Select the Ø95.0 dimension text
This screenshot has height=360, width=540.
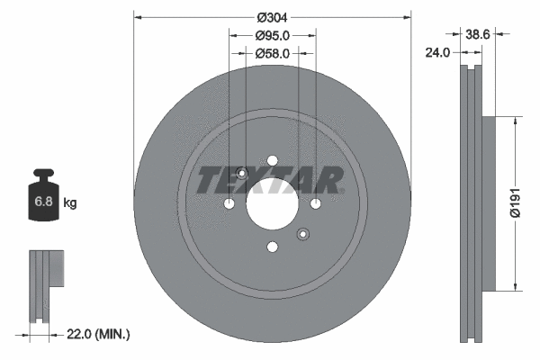click(x=272, y=36)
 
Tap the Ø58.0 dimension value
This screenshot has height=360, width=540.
click(x=272, y=54)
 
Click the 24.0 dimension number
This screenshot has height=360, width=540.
click(x=436, y=53)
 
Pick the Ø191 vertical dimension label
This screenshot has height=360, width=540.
click(x=515, y=204)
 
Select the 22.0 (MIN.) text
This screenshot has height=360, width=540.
click(x=100, y=334)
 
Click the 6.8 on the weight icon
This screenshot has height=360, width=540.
click(x=43, y=203)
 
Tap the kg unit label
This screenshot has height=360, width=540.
click(x=69, y=203)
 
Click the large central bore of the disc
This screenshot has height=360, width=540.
click(x=272, y=205)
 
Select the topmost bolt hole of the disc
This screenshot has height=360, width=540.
click(x=272, y=162)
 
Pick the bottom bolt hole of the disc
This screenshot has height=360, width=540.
click(x=272, y=249)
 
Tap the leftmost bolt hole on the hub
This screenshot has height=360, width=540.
click(x=229, y=205)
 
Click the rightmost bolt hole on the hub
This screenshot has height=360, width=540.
click(x=316, y=205)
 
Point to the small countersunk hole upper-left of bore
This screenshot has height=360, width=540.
click(x=241, y=174)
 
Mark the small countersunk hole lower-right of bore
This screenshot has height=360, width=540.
click(x=303, y=236)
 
